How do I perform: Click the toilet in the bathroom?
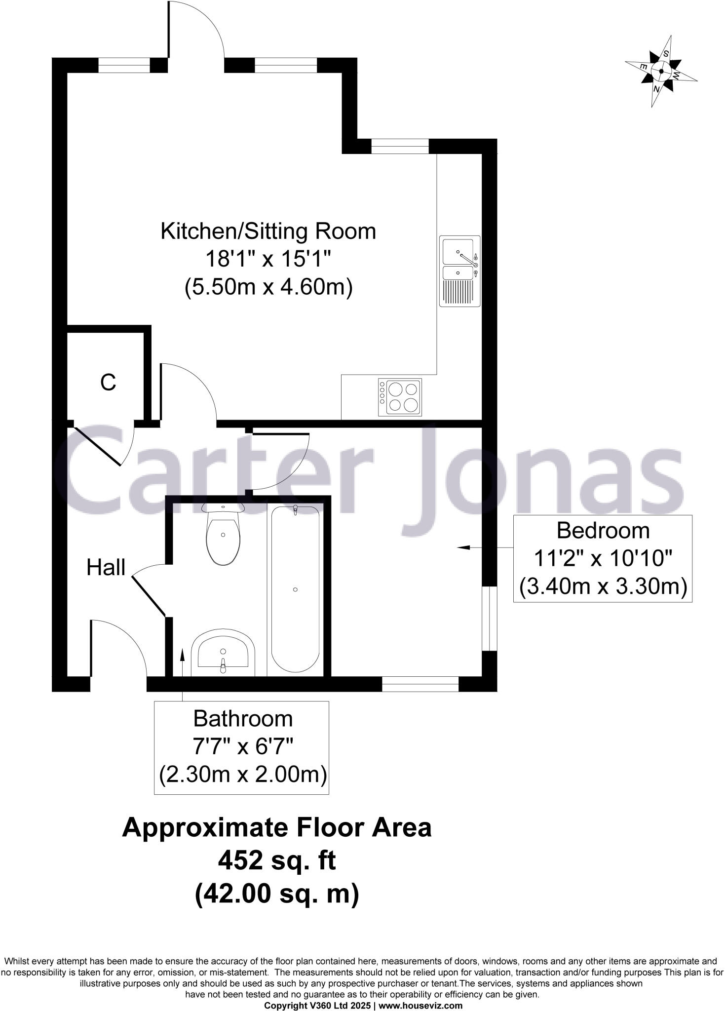(x=224, y=536)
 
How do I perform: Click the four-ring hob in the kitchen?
(x=400, y=397)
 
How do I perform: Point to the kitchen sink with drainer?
(x=459, y=271)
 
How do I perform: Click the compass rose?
(x=661, y=71)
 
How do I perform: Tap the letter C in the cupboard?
(x=108, y=383)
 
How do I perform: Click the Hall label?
(x=106, y=568)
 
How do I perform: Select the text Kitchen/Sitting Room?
(x=268, y=231)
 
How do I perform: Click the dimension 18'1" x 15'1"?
(x=268, y=259)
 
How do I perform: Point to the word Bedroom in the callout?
(x=603, y=531)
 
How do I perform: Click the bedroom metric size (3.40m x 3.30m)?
(x=603, y=587)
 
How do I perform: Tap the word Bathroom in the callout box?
(x=243, y=719)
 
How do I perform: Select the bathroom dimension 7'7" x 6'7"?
(x=243, y=747)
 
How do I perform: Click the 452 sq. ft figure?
(x=277, y=861)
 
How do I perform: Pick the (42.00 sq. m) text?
(x=277, y=894)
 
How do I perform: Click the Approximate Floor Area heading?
(x=277, y=828)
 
